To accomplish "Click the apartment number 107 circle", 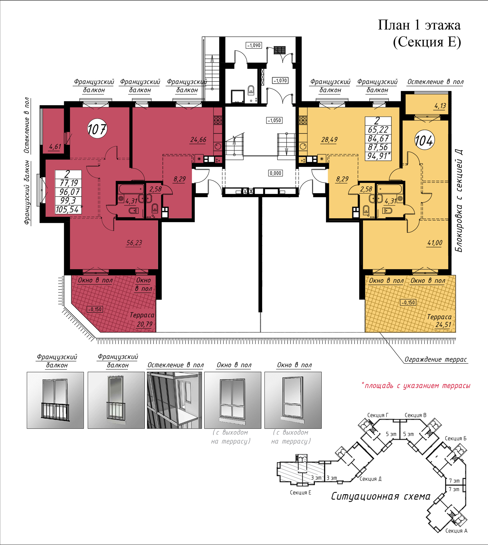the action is (x=97, y=129).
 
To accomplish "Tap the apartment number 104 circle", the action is (x=424, y=140).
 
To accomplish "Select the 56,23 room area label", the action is (x=134, y=243).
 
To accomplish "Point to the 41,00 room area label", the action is (x=435, y=243).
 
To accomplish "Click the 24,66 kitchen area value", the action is (x=198, y=140).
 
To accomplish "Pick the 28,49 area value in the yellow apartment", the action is (x=329, y=140).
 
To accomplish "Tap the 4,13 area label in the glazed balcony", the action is (x=440, y=106).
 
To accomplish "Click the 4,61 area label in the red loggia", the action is (x=55, y=147).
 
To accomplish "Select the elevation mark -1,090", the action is (x=254, y=45).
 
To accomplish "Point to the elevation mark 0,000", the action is (x=275, y=173).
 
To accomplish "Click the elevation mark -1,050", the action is (x=274, y=120).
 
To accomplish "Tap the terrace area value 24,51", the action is (x=443, y=324).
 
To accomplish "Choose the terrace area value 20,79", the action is (x=144, y=324).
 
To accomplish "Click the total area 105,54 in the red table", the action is (x=68, y=209).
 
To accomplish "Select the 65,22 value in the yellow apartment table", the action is (x=378, y=130).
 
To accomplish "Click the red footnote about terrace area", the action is (x=416, y=386).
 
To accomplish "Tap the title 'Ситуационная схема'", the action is (x=381, y=496).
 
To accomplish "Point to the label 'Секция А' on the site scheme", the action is (x=456, y=531).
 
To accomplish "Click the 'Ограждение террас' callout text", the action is (x=436, y=359).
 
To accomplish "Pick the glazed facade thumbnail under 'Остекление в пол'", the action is (x=174, y=400).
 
